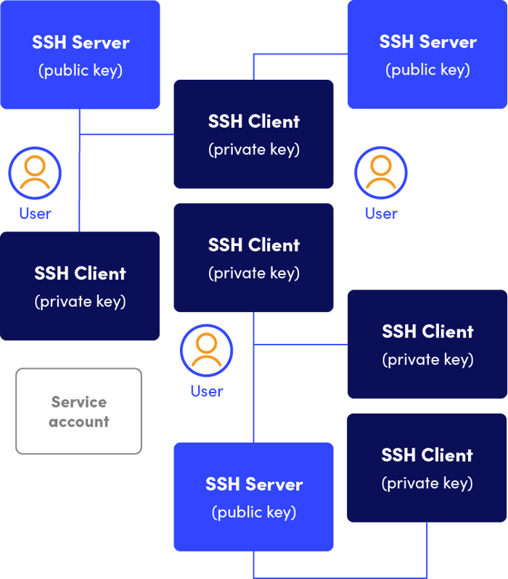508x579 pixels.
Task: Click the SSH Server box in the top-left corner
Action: pos(80,54)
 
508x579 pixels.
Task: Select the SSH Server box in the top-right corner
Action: pos(427,54)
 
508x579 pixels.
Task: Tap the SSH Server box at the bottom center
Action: pos(253,497)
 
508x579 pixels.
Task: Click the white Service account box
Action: pos(78,411)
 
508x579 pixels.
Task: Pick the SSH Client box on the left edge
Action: pos(80,286)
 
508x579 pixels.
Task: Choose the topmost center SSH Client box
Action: pos(253,134)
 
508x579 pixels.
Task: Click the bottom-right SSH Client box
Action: pos(427,468)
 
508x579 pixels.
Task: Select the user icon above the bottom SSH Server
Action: pos(206,350)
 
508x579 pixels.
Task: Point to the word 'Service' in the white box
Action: pos(78,402)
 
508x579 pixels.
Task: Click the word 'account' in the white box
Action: pos(78,422)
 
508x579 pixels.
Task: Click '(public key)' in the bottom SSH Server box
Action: pos(253,512)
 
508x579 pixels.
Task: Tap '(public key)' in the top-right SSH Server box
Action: pos(427,70)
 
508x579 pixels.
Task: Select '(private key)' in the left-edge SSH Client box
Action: pos(80,301)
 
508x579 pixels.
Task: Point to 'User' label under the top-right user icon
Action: pos(381,213)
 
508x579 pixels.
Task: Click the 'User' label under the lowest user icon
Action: pos(206,392)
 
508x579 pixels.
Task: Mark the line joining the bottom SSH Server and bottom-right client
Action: pos(341,576)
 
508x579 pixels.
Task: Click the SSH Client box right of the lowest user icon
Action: pos(427,345)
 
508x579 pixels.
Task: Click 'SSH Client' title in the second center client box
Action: pos(253,245)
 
